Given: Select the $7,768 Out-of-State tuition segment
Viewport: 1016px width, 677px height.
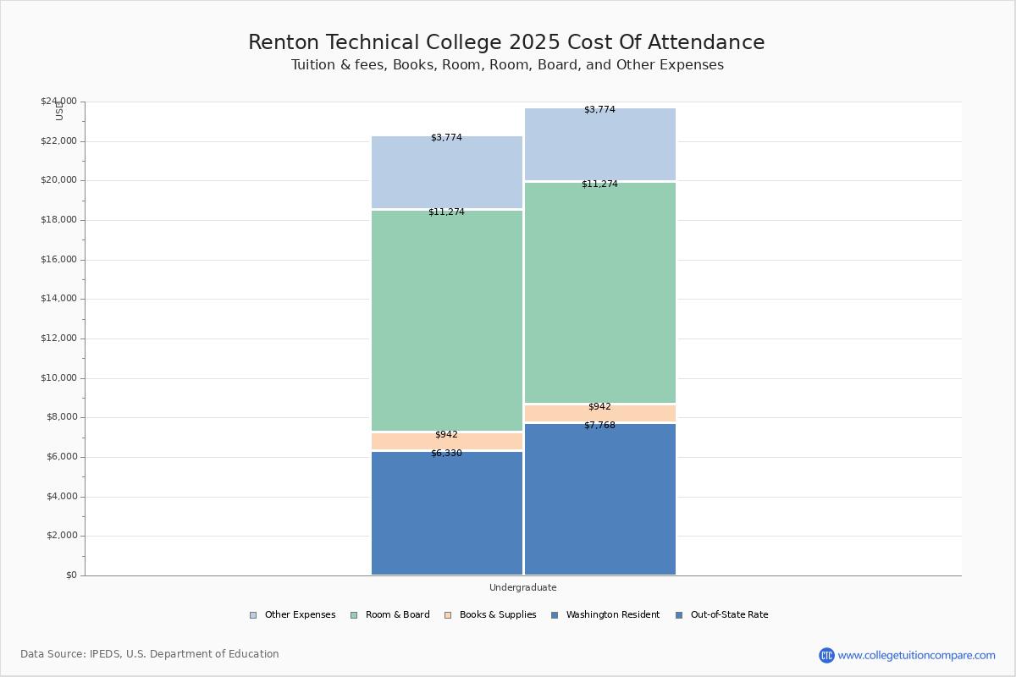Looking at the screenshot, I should [600, 499].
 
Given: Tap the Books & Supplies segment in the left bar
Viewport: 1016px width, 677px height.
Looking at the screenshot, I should [447, 442].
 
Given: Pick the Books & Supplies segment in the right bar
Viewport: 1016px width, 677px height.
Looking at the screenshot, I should [600, 413].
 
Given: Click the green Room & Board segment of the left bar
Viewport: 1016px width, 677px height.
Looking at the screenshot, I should [447, 321].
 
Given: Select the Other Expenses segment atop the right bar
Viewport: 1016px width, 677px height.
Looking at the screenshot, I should [600, 144].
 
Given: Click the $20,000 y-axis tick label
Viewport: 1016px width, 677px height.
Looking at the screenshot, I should [58, 180].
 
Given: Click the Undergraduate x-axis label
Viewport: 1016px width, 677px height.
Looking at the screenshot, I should [523, 587].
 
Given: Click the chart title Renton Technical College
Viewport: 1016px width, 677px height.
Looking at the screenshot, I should [506, 42].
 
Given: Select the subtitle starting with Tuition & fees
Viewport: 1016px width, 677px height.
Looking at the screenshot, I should [507, 65].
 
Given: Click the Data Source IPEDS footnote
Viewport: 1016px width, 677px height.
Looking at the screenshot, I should [150, 654].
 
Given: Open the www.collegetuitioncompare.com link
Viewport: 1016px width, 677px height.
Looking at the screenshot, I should [916, 655].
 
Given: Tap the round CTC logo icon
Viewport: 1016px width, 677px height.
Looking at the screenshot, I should [826, 655].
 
